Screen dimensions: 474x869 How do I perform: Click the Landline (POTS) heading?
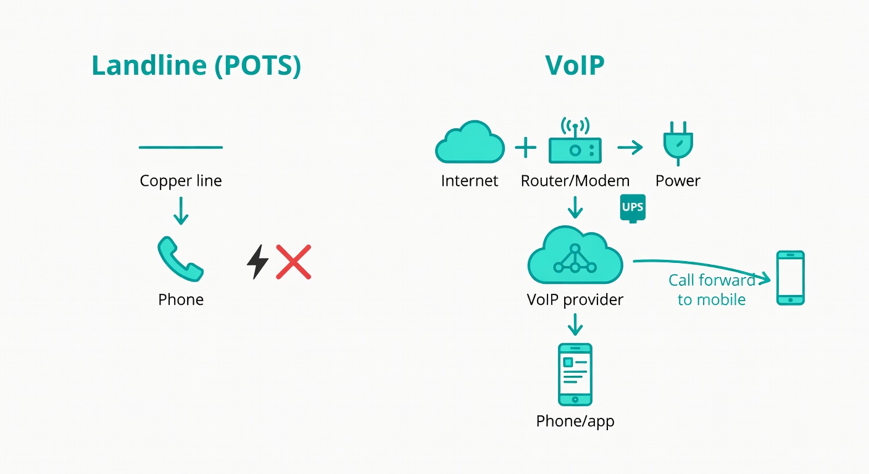click(196, 65)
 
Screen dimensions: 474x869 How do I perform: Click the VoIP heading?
click(575, 65)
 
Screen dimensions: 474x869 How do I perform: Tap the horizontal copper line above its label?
click(181, 148)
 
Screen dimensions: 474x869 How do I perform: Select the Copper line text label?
click(181, 181)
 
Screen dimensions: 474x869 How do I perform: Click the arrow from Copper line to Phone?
click(181, 211)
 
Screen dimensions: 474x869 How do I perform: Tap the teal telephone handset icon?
click(180, 260)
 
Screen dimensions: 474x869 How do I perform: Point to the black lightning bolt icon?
click(257, 262)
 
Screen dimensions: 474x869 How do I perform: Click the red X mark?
click(293, 262)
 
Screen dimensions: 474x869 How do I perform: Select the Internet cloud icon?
click(470, 143)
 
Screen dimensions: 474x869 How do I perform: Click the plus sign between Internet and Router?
click(526, 148)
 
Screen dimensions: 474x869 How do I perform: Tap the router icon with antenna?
click(575, 143)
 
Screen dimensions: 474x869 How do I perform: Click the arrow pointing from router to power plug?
click(630, 148)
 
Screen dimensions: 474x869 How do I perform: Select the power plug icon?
click(678, 143)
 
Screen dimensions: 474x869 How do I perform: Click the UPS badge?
click(633, 208)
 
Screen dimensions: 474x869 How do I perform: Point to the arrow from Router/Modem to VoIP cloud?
click(575, 207)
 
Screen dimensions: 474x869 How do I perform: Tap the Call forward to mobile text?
click(712, 290)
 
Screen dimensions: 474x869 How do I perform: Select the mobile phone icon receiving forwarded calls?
click(791, 278)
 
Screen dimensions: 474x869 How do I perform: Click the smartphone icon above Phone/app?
click(575, 374)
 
